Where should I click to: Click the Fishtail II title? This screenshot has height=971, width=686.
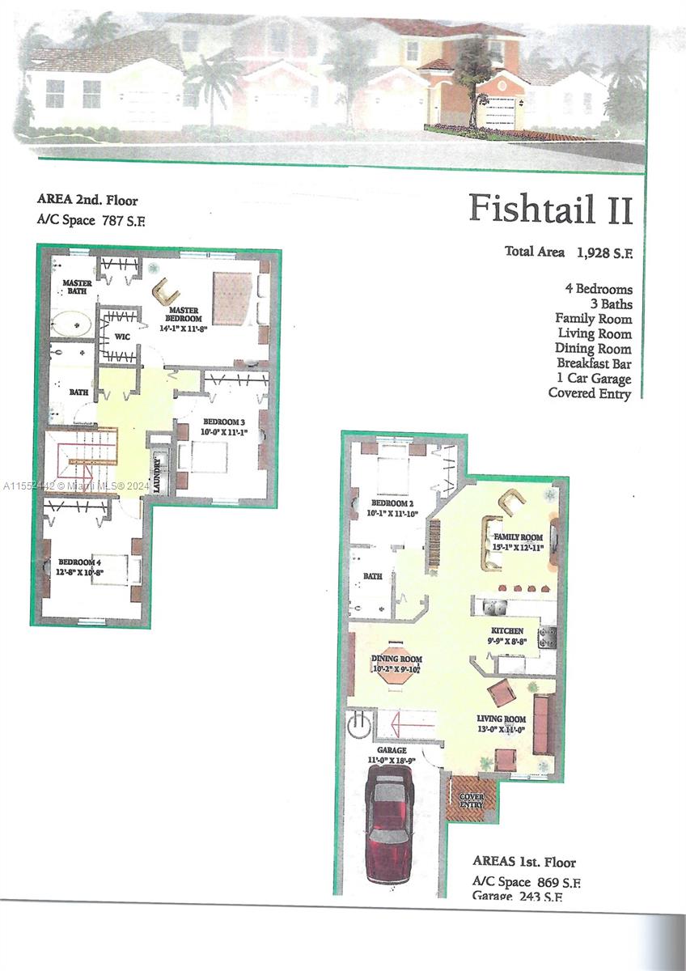click(x=550, y=208)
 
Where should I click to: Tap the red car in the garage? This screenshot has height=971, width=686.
click(x=390, y=825)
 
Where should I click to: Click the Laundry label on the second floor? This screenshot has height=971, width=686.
click(x=157, y=469)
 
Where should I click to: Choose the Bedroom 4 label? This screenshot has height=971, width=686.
click(x=79, y=565)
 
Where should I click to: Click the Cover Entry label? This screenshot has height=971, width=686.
click(x=472, y=800)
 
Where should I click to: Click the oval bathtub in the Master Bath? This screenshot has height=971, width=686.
click(x=73, y=324)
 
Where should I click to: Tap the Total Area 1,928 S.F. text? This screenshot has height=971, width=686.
click(x=569, y=252)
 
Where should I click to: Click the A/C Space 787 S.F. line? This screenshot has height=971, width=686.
click(x=94, y=219)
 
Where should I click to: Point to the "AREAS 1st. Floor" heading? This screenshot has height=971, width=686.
click(x=524, y=863)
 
